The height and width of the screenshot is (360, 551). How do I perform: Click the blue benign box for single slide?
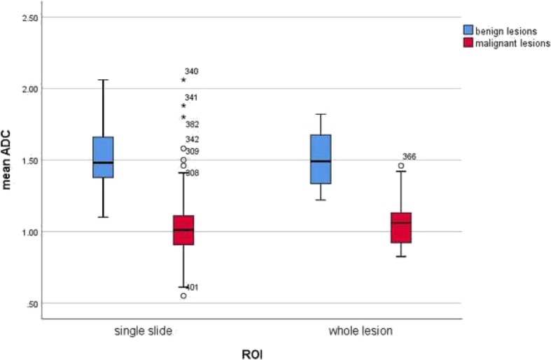pos(103,157)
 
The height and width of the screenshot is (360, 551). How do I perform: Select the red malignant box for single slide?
pos(183,230)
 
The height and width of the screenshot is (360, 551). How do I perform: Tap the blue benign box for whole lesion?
pos(321,159)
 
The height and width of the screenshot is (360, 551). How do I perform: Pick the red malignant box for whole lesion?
pos(401,227)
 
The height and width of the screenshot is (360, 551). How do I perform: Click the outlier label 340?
pos(192,71)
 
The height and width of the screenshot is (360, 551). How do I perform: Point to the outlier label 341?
pos(192,98)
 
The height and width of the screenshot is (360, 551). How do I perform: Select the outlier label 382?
pos(193,124)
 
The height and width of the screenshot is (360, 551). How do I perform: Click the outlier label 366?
pos(410,157)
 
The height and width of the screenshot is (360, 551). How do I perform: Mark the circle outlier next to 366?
pos(401,166)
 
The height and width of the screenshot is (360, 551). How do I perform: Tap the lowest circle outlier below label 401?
pos(183,296)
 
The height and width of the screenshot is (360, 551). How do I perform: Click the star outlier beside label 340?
pos(183,81)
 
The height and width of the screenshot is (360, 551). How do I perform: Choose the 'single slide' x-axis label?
pos(144,330)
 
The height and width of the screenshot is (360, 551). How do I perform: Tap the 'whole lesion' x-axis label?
pos(361,330)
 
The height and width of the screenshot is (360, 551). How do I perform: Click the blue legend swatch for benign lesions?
pos(468,30)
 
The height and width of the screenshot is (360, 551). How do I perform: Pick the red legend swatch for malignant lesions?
pos(468,43)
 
